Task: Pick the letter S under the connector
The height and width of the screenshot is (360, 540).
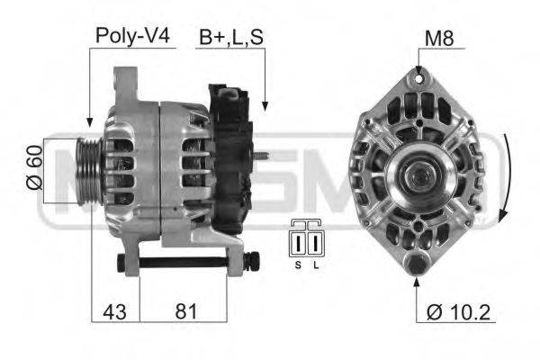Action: (297, 265)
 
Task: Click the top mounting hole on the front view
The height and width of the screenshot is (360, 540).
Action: (419, 81)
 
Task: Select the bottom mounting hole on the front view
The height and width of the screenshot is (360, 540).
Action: (418, 264)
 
